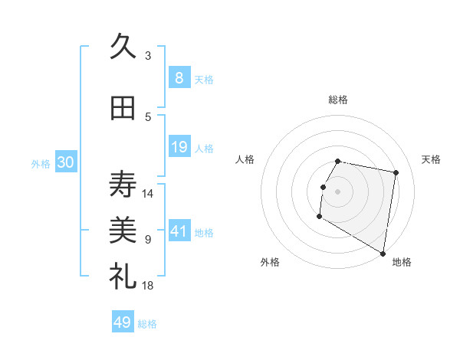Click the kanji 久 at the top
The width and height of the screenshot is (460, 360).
tap(123, 46)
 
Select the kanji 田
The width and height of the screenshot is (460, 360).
tap(123, 109)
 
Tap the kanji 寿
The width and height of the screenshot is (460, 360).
tap(123, 184)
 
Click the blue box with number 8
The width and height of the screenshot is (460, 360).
tap(179, 77)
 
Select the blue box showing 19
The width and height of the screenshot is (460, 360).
tap(179, 147)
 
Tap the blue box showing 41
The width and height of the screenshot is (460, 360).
tap(179, 231)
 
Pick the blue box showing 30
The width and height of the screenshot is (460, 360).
tap(66, 162)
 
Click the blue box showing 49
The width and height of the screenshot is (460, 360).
tap(123, 322)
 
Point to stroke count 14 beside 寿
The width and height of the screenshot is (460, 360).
tap(148, 194)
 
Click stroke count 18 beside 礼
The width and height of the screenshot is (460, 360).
tap(148, 286)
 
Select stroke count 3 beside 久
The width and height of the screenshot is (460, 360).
tap(148, 55)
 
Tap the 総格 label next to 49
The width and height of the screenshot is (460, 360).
tap(147, 324)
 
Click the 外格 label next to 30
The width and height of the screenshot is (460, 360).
tap(41, 163)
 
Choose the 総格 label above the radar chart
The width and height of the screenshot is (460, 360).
tap(337, 100)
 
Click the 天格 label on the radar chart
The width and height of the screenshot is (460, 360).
tap(431, 159)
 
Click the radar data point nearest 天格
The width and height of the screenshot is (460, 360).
tap(396, 173)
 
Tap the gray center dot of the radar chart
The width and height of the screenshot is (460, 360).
tap(337, 191)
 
